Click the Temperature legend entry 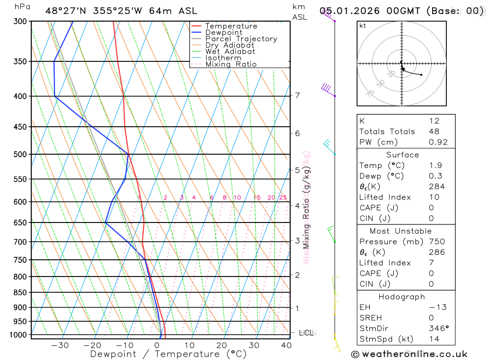(x=231, y=26)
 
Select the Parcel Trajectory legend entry (x=241, y=39)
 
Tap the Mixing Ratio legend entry (x=231, y=64)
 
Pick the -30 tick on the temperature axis (x=60, y=345)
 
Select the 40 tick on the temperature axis (x=286, y=345)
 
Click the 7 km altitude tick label (x=298, y=95)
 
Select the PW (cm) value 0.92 (x=438, y=142)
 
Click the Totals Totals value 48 (x=434, y=132)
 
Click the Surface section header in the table (x=403, y=155)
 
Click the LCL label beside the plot (x=306, y=333)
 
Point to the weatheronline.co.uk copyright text (x=409, y=354)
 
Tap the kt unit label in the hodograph (x=363, y=26)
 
